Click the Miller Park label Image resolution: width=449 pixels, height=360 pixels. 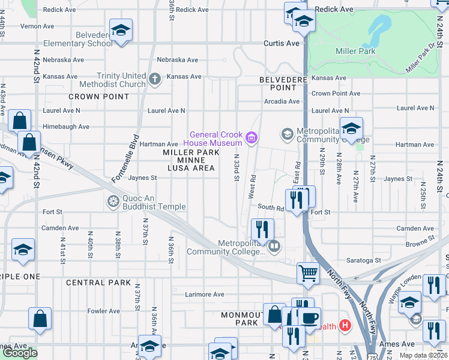point(356,52)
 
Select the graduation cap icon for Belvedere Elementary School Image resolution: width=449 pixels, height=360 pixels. point(121,30)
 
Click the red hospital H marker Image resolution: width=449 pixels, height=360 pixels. point(345,326)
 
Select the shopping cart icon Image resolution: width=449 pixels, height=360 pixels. point(308,273)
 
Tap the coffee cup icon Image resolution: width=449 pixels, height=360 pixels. point(310,318)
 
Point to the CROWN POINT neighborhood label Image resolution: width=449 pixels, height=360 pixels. point(98,97)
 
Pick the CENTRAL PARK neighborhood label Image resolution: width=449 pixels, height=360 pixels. point(98,283)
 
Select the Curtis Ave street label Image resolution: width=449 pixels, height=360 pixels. point(282,44)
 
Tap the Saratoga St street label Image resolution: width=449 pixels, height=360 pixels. point(364,260)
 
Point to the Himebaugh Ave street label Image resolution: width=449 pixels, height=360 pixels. point(65,127)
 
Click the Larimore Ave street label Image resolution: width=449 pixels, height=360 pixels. point(204,295)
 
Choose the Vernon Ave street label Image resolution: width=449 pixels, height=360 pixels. point(37,26)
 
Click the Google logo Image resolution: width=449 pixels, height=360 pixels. point(20,353)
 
